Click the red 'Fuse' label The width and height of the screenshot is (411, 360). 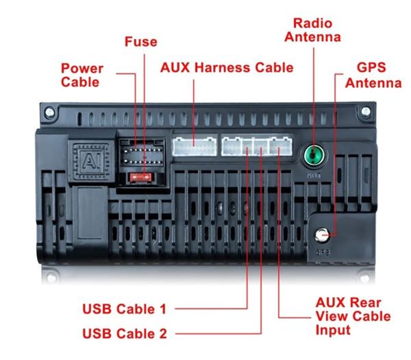tap(140, 43)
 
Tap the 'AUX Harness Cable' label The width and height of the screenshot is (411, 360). tap(227, 68)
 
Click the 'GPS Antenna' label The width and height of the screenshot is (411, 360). tap(373, 75)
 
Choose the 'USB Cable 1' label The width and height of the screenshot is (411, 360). tap(124, 309)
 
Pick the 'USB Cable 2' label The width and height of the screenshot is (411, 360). tap(124, 334)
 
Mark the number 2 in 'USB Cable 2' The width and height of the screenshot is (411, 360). tap(162, 334)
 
